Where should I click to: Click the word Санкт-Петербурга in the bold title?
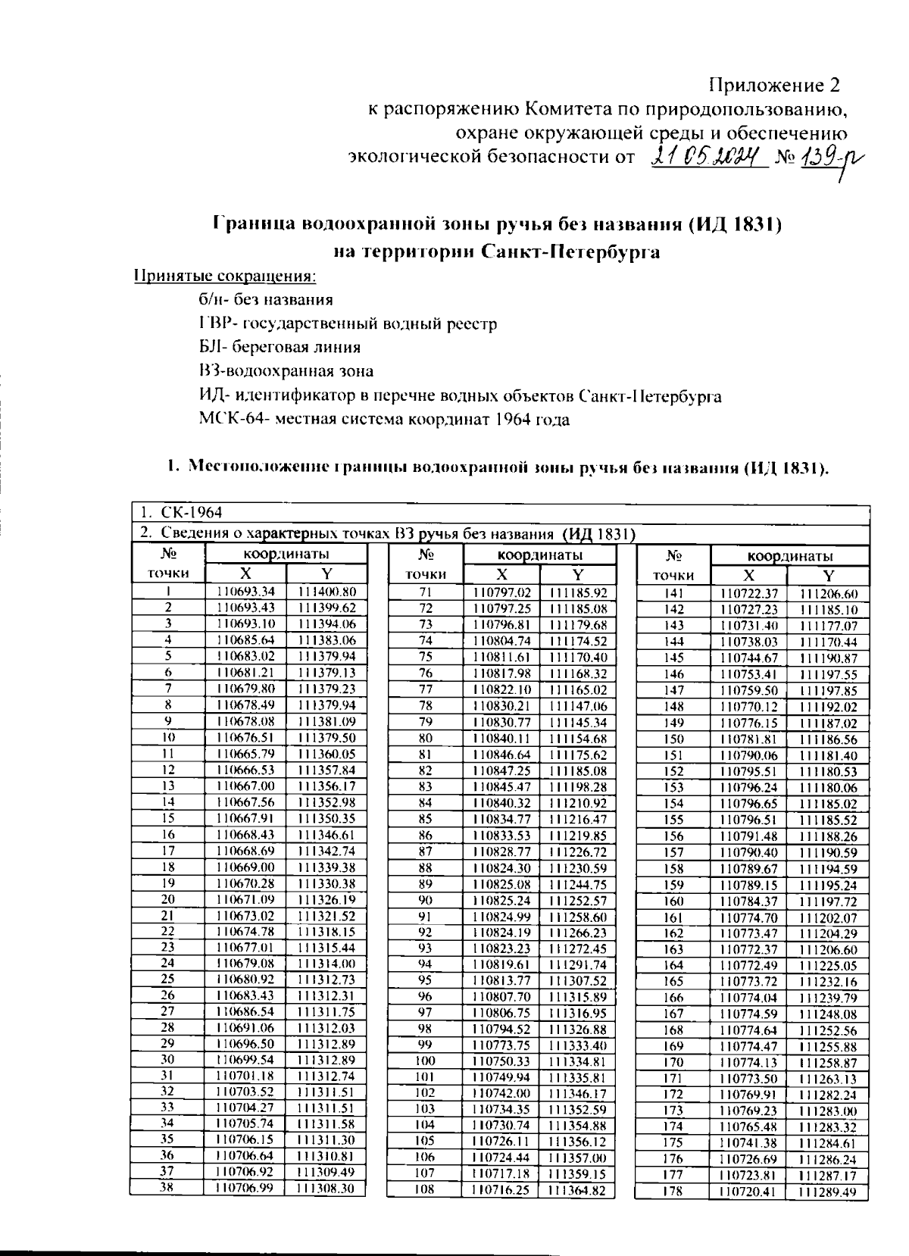click(x=570, y=252)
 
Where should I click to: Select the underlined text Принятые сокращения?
click(x=224, y=276)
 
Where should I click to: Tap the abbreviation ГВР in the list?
click(x=214, y=324)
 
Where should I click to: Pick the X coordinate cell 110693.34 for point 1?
click(x=245, y=592)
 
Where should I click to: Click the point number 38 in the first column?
click(x=167, y=1188)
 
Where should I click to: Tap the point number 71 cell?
click(x=425, y=592)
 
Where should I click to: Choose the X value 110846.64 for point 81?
click(x=501, y=755)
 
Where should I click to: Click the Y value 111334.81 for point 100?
click(x=577, y=1061)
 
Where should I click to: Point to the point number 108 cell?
click(x=425, y=1190)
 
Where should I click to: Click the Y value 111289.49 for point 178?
click(x=828, y=1192)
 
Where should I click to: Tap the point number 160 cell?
click(x=673, y=901)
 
